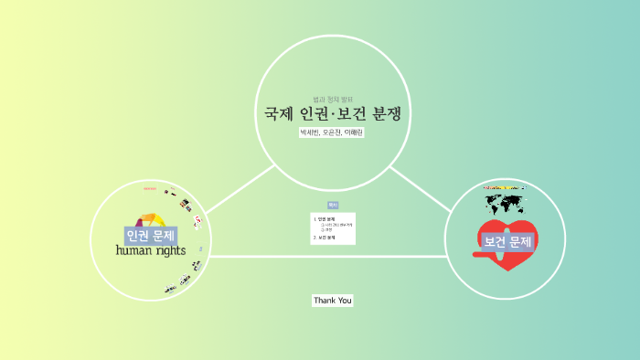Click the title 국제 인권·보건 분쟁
[333, 114]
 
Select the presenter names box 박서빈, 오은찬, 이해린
[332, 132]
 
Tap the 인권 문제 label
[151, 235]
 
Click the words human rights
[151, 250]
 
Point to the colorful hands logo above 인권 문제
[150, 219]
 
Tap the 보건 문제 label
[507, 241]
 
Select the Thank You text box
[332, 300]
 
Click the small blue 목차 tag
[333, 206]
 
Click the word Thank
[324, 300]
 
